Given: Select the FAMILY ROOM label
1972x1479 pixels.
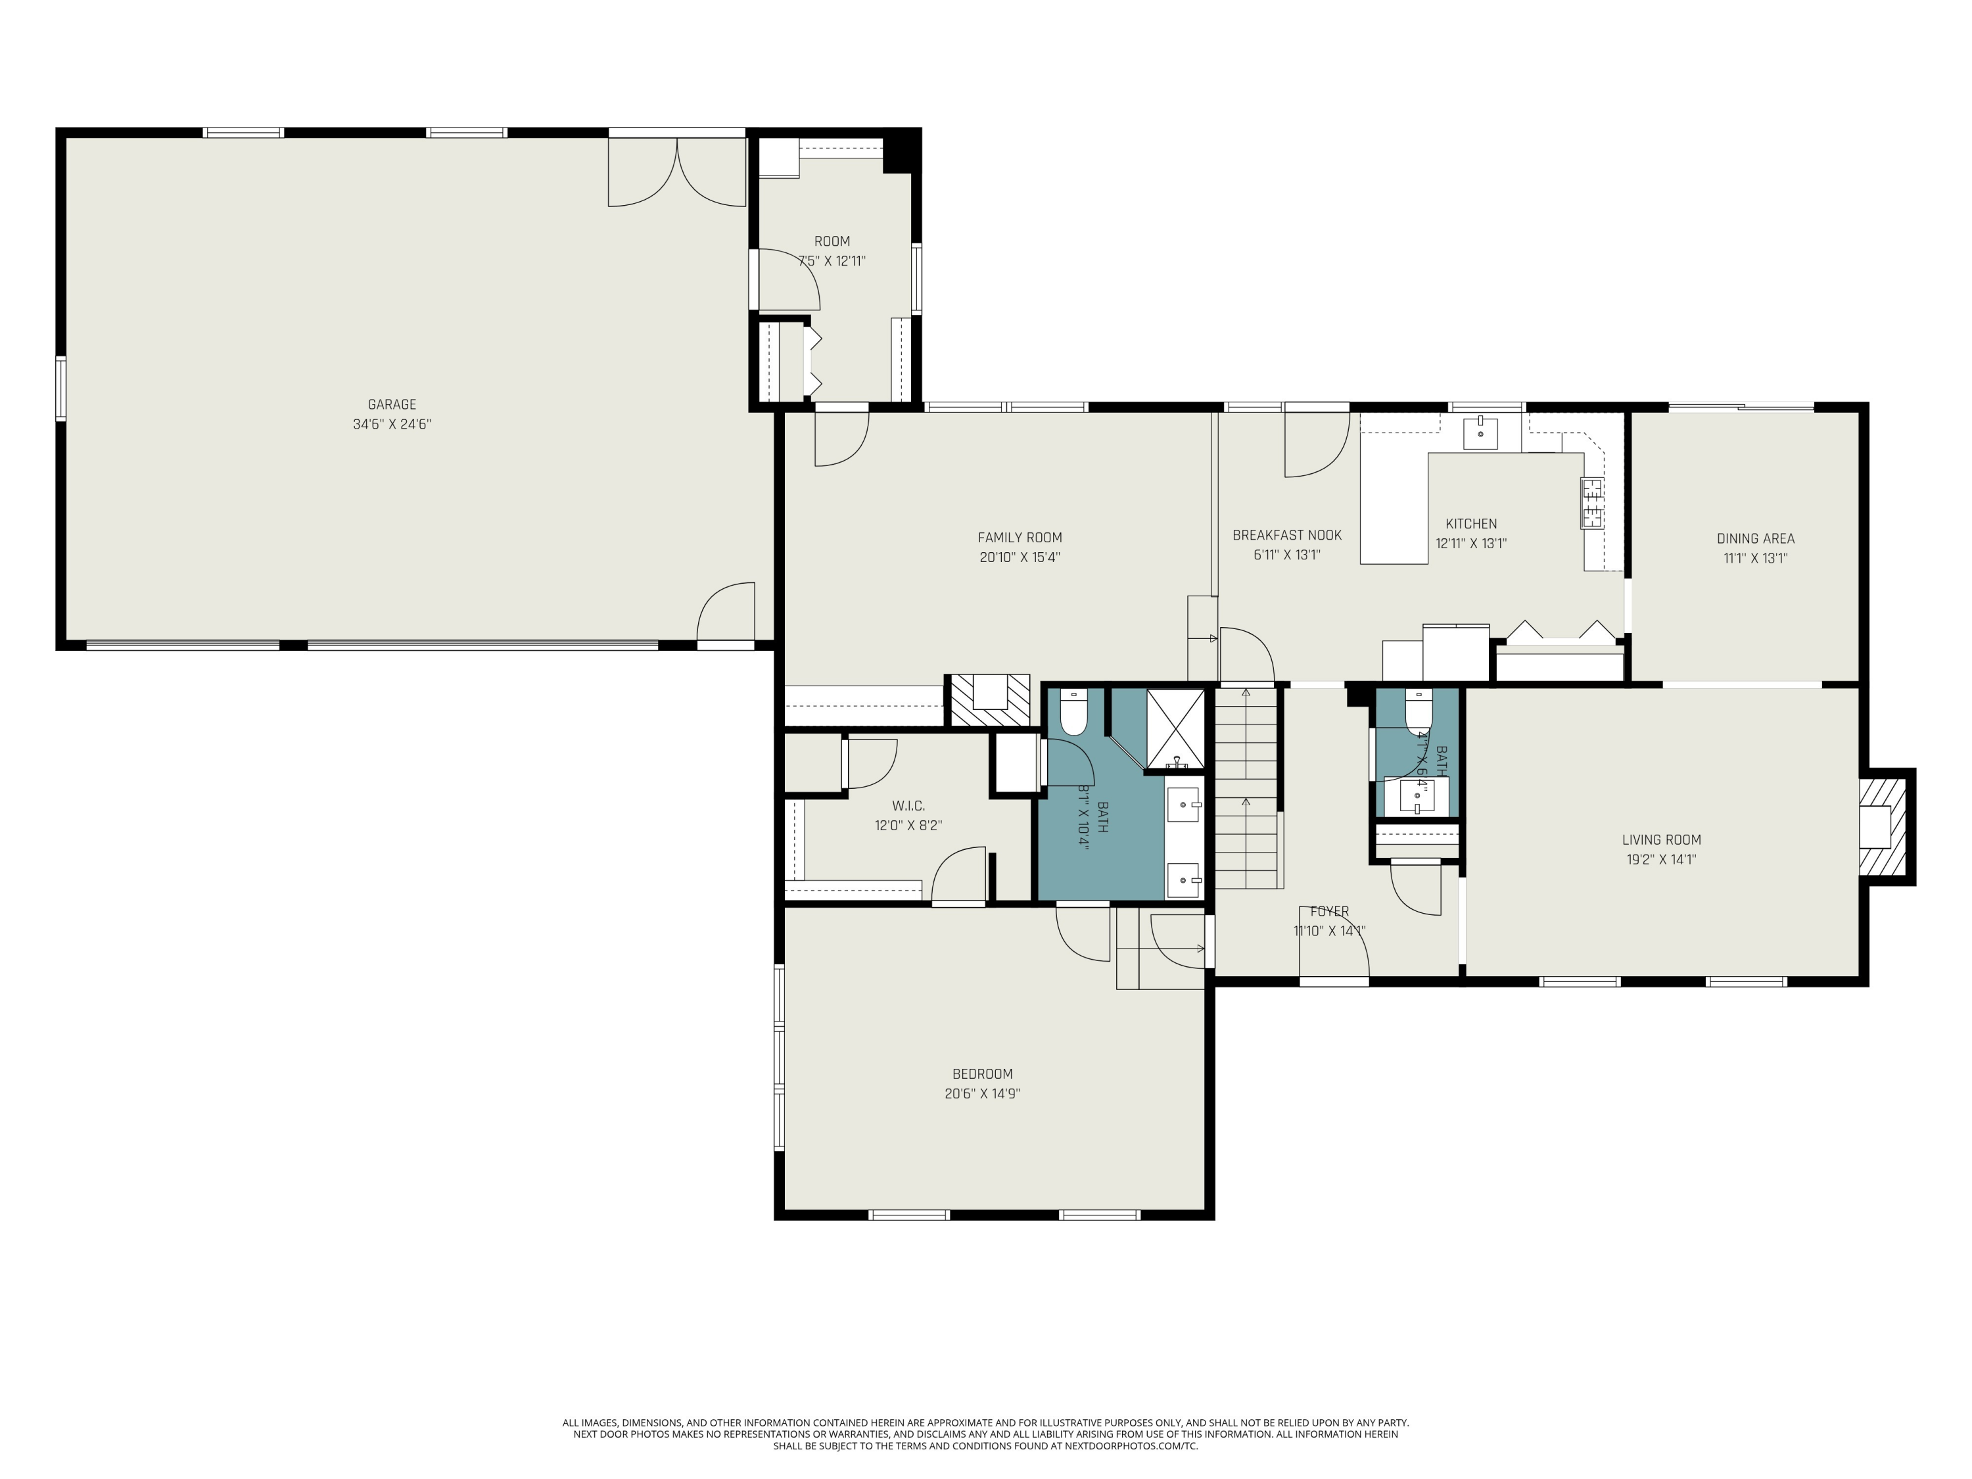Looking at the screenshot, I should pyautogui.click(x=1020, y=538).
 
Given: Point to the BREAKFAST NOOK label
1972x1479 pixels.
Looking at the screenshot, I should pyautogui.click(x=1286, y=535).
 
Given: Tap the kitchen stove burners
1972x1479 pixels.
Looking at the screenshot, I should pyautogui.click(x=1591, y=503).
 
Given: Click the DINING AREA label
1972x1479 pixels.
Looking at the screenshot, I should pyautogui.click(x=1755, y=538).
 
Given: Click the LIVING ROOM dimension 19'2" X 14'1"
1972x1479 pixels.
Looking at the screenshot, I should pyautogui.click(x=1661, y=859).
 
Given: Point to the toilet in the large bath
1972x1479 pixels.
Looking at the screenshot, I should pyautogui.click(x=1074, y=713).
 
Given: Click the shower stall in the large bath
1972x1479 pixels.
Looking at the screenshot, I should pyautogui.click(x=1175, y=728).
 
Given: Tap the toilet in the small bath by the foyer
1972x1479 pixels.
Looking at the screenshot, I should pyautogui.click(x=1419, y=711).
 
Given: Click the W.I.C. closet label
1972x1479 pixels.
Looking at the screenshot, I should pyautogui.click(x=908, y=806).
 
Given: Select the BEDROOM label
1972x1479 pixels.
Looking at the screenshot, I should pyautogui.click(x=983, y=1074).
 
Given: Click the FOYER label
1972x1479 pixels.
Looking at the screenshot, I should pyautogui.click(x=1329, y=911).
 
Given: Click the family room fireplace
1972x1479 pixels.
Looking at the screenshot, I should pyautogui.click(x=989, y=700).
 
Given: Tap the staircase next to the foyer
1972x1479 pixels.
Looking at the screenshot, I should pyautogui.click(x=1246, y=789).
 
